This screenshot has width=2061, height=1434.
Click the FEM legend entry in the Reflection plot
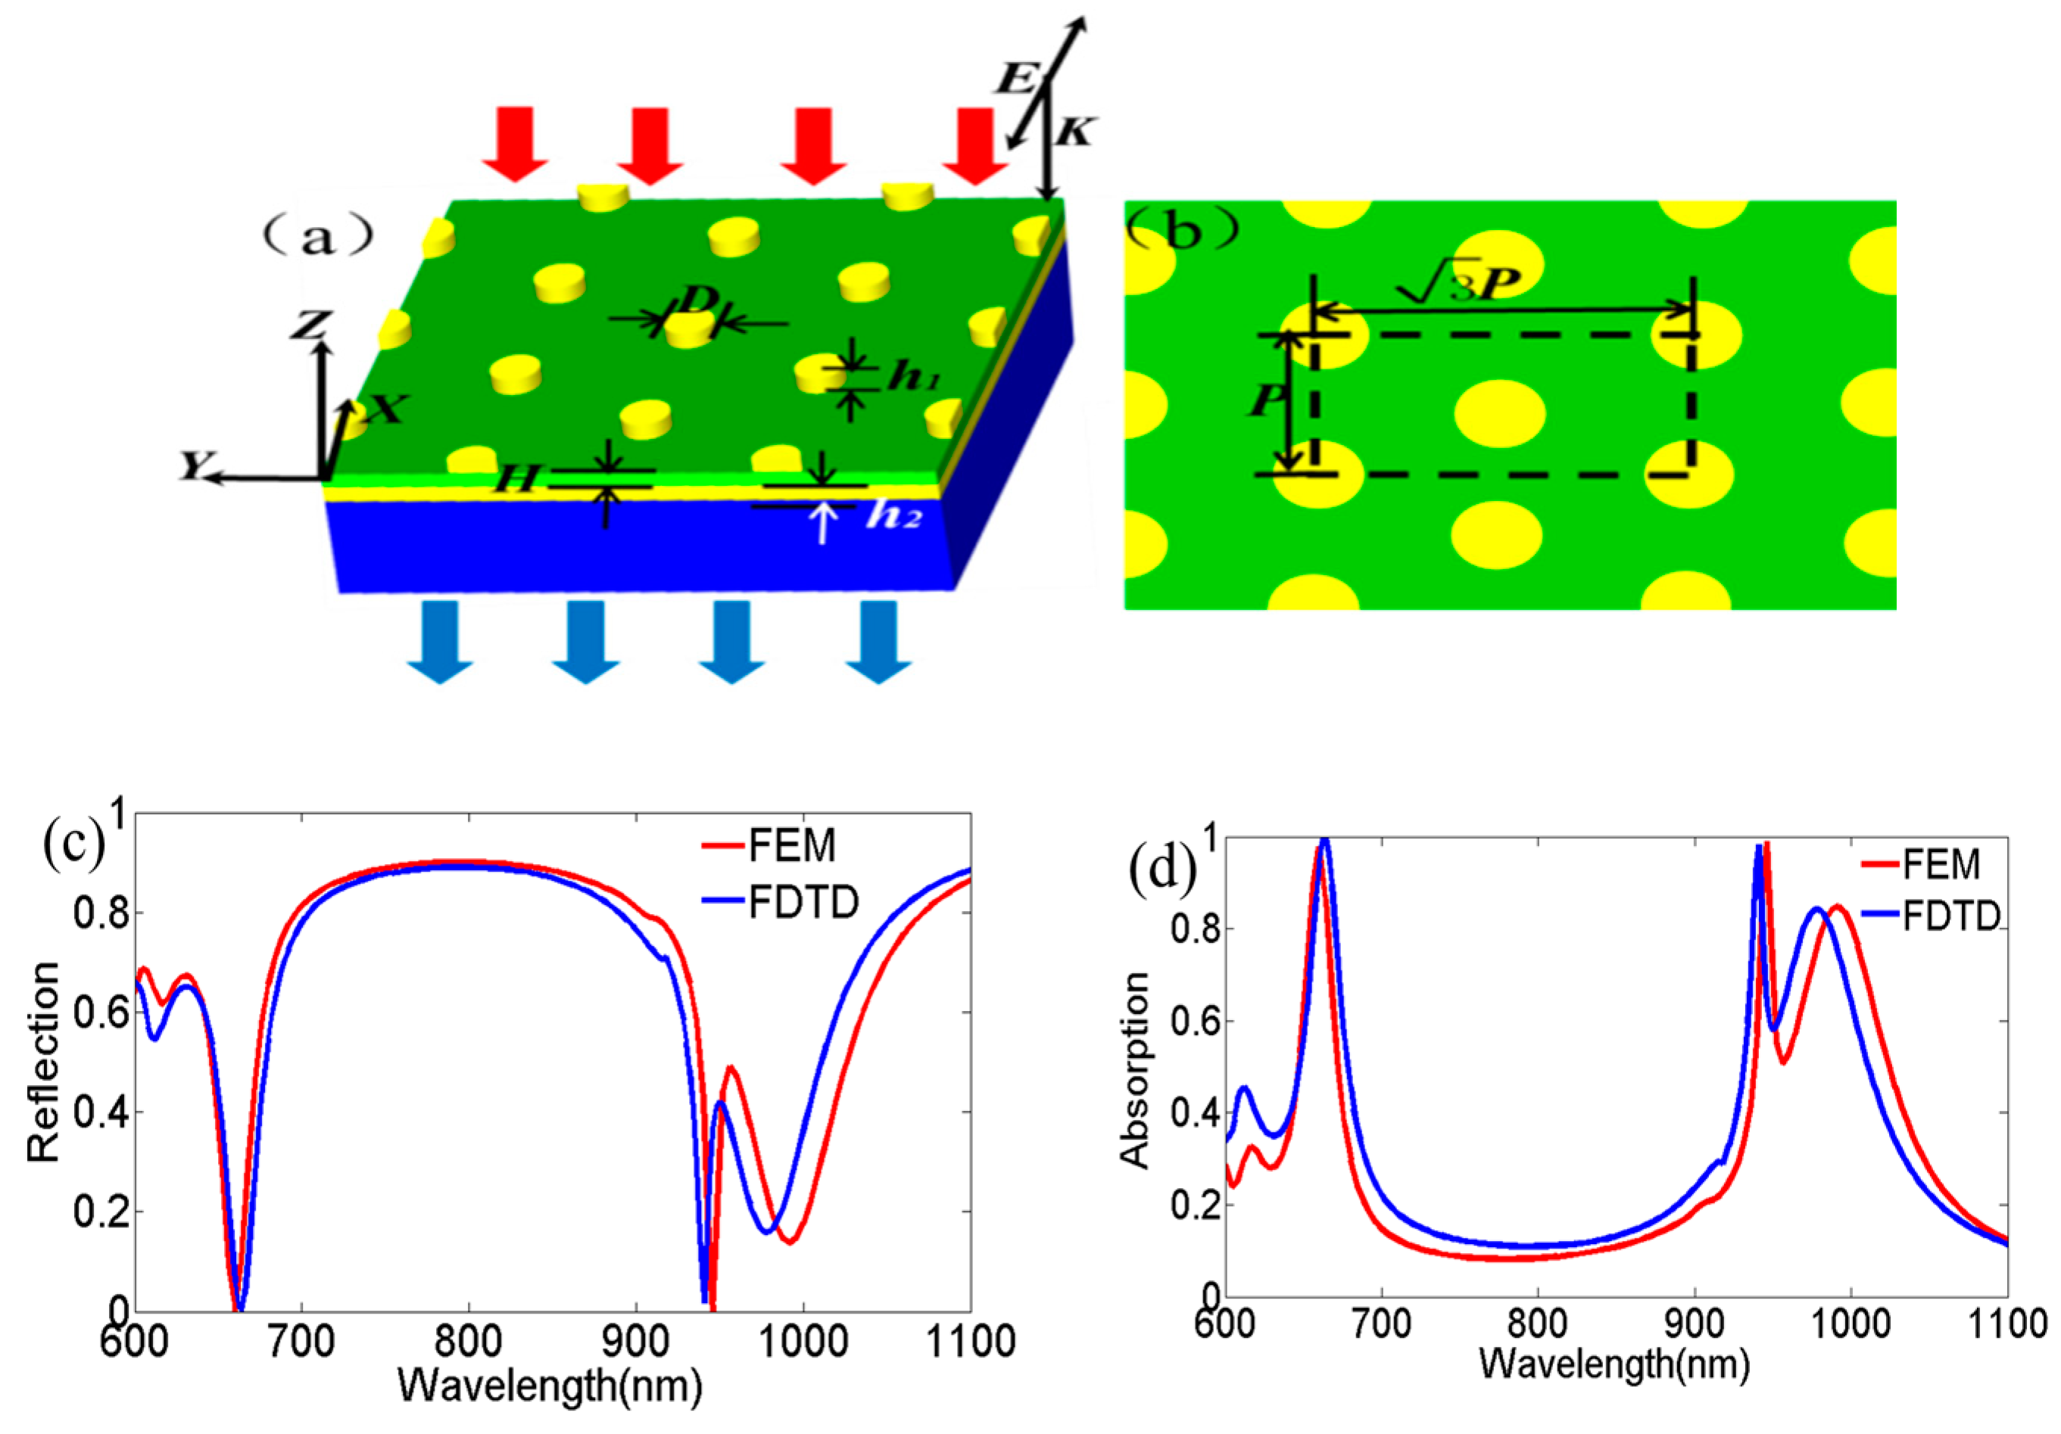click(790, 845)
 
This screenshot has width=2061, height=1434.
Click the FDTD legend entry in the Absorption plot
click(1950, 917)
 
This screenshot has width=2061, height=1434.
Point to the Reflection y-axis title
click(43, 1062)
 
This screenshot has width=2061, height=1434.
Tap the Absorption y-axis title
click(1136, 1070)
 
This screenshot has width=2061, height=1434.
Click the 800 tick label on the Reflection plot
click(466, 1342)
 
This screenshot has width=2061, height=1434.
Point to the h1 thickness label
click(913, 378)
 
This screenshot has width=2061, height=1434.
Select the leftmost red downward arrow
click(515, 144)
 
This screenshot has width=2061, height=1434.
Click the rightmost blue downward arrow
click(878, 641)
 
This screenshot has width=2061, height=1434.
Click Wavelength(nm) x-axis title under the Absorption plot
click(1614, 1363)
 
